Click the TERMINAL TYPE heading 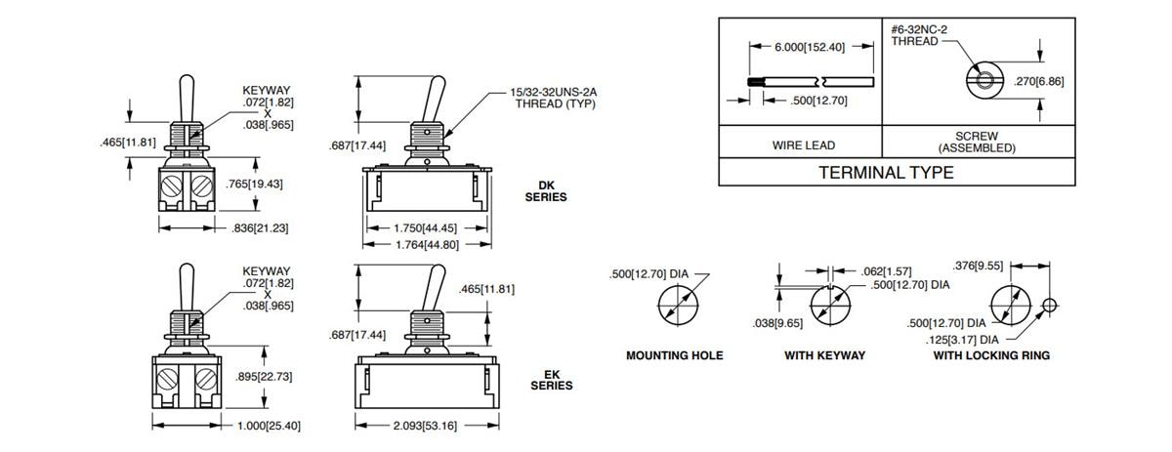tap(885, 173)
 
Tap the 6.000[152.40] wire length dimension tap(809, 46)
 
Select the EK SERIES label tap(552, 379)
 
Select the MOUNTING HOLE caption tap(674, 355)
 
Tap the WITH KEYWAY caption tap(824, 355)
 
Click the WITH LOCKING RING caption tap(991, 355)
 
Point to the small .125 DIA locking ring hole tap(1049, 305)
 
